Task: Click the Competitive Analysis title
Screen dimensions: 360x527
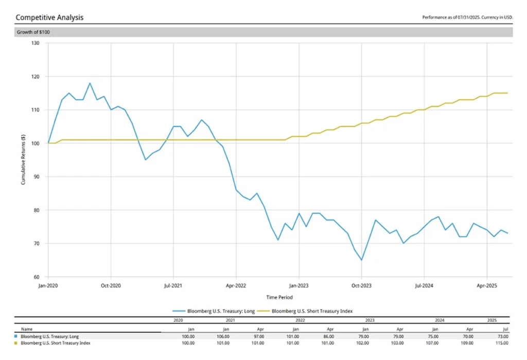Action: tap(49, 17)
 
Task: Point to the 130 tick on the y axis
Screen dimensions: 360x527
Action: tap(35, 43)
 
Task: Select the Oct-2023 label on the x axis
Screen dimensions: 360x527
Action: tap(361, 284)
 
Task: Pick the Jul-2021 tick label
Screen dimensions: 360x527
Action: tap(173, 284)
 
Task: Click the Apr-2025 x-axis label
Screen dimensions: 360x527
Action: tap(487, 284)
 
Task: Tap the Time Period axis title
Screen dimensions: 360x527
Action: tap(279, 297)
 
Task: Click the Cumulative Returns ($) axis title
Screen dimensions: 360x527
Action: tap(23, 160)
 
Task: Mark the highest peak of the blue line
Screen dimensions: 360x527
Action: tap(90, 83)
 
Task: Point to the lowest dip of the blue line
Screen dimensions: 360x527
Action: tap(361, 260)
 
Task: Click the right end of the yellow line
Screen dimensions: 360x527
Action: tap(507, 93)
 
